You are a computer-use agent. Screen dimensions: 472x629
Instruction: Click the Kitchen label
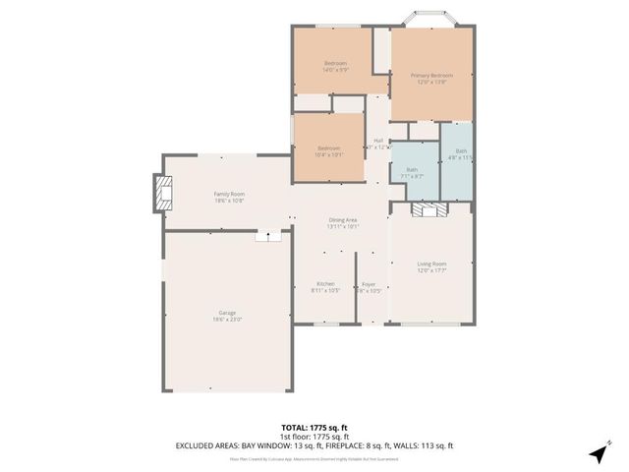(325, 286)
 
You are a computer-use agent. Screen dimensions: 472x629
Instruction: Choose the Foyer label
(369, 286)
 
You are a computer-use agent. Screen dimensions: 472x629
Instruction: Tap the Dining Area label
(343, 222)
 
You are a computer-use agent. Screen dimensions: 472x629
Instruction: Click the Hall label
(378, 143)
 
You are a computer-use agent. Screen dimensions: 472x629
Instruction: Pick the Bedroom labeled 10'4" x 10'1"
(328, 150)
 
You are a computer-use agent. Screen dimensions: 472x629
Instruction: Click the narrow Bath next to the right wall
(459, 154)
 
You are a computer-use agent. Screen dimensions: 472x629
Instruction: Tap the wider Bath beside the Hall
(413, 171)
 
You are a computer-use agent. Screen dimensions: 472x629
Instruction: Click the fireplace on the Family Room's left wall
(159, 193)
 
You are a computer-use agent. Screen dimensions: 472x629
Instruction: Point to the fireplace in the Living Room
(430, 209)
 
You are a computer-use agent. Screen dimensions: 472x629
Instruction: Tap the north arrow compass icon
(599, 453)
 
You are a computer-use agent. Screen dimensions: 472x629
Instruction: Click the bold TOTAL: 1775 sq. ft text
(314, 428)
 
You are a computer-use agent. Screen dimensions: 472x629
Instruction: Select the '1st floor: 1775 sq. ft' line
(314, 437)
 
